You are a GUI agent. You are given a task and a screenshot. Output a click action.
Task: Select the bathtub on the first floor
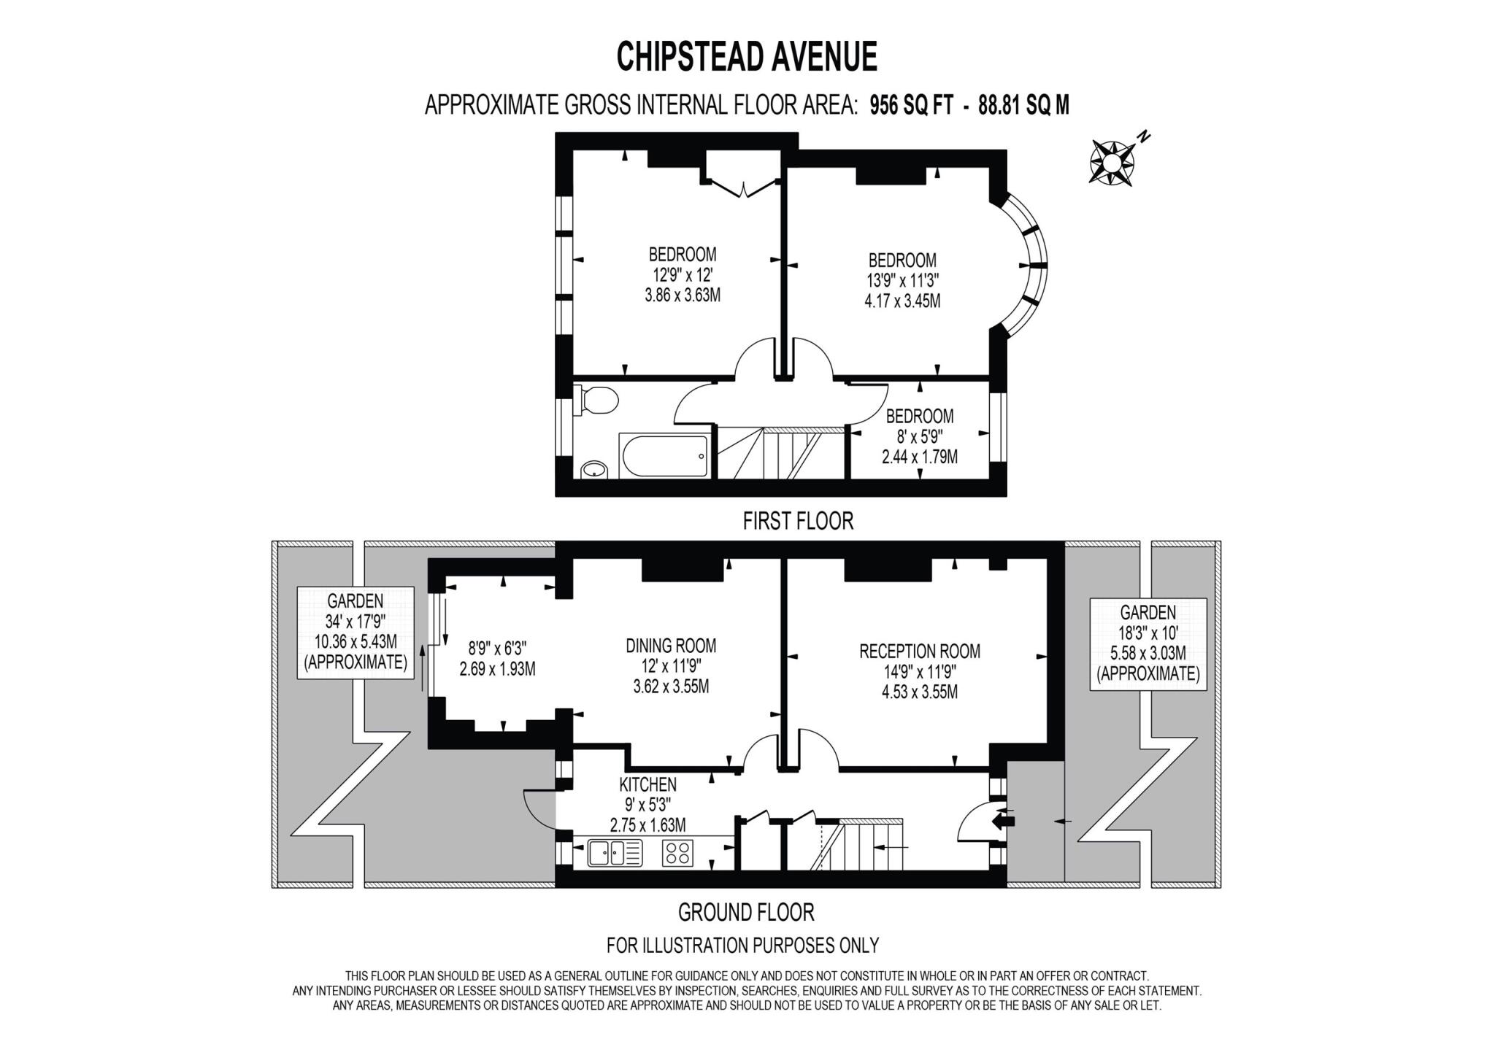pyautogui.click(x=664, y=456)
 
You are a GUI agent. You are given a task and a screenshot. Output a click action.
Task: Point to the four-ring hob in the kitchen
pyautogui.click(x=677, y=853)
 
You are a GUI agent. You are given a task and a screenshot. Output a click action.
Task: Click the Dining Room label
pyautogui.click(x=671, y=646)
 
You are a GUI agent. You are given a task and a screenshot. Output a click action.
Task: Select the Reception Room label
pyautogui.click(x=920, y=651)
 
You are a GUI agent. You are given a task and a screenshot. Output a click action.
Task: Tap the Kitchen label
pyautogui.click(x=647, y=784)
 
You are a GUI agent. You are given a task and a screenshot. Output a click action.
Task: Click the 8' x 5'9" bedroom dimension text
pyautogui.click(x=920, y=436)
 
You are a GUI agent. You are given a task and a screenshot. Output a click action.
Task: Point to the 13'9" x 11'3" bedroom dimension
pyautogui.click(x=902, y=280)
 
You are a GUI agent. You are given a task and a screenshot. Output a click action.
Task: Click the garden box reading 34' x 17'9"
pyautogui.click(x=356, y=632)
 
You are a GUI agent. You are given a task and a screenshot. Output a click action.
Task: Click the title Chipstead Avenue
pyautogui.click(x=747, y=56)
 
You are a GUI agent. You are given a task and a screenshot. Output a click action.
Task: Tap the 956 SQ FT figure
pyautogui.click(x=911, y=106)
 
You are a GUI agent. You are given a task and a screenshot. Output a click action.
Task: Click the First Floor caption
pyautogui.click(x=798, y=521)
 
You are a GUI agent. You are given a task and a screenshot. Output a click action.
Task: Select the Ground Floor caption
pyautogui.click(x=746, y=912)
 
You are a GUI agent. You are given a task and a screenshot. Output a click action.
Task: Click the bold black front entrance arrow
pyautogui.click(x=1004, y=821)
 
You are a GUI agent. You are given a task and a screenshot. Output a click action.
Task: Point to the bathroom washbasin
pyautogui.click(x=595, y=469)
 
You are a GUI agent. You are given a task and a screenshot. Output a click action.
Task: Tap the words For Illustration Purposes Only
pyautogui.click(x=742, y=945)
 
